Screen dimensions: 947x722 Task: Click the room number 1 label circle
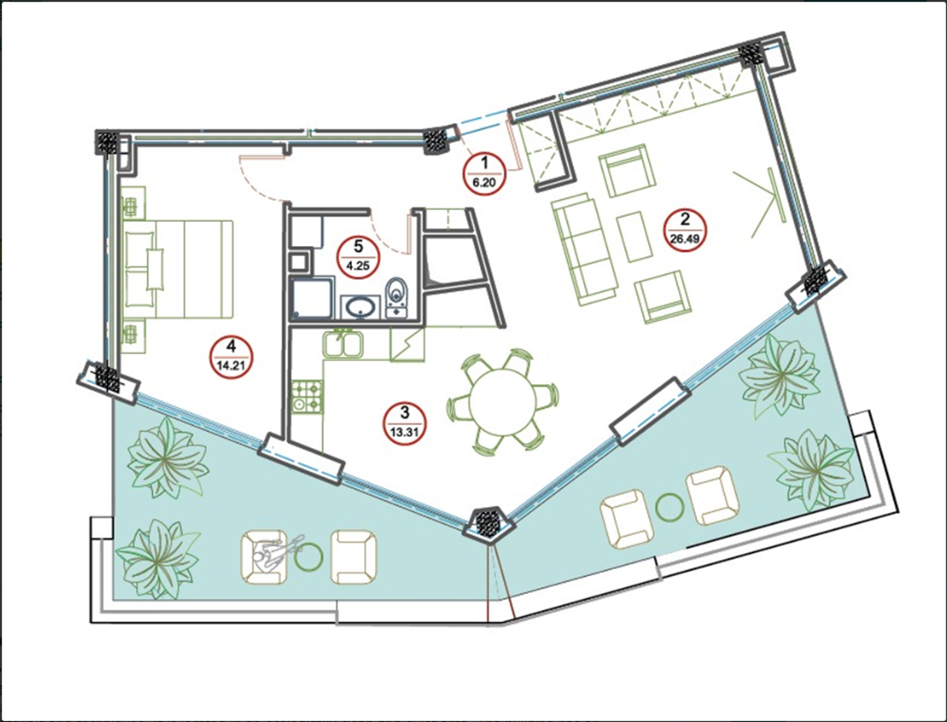pos(483,173)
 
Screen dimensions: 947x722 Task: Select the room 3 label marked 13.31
pos(405,424)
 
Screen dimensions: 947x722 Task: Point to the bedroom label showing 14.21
pos(232,357)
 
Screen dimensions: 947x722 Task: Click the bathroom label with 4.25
pos(358,257)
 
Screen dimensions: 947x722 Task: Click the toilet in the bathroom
pos(396,297)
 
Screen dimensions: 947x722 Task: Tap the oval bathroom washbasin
pos(360,308)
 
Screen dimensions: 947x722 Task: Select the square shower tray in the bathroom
pos(311,298)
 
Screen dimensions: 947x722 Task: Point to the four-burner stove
pos(307,397)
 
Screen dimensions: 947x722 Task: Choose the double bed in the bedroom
pos(178,270)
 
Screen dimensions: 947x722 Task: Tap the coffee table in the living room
pos(634,236)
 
